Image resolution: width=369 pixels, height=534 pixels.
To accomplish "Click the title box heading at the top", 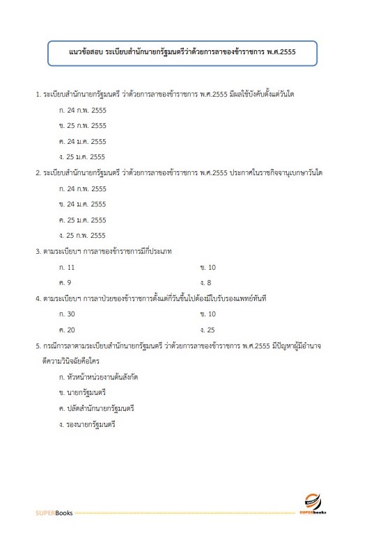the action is tap(182, 51).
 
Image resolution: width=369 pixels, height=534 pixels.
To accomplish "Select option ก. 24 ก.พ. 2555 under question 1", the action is tap(83, 110).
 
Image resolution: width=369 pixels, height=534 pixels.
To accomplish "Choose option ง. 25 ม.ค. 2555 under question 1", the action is tap(83, 156).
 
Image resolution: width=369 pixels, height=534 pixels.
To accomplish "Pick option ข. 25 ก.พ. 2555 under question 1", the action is tap(83, 126).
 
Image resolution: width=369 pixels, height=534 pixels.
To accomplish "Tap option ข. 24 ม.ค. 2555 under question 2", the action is tap(83, 204).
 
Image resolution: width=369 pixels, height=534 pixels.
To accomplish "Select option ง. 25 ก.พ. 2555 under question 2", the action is tap(83, 235).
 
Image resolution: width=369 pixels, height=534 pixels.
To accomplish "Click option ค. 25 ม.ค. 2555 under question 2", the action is tap(83, 220).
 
